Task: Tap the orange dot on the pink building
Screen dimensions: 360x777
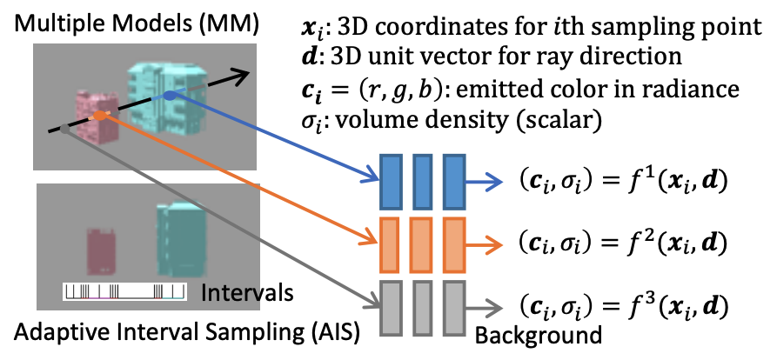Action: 101,115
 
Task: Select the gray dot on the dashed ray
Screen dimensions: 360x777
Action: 66,128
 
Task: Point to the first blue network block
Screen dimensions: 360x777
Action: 389,181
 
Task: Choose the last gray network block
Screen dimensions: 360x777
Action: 454,305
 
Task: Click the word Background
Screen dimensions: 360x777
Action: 527,336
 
